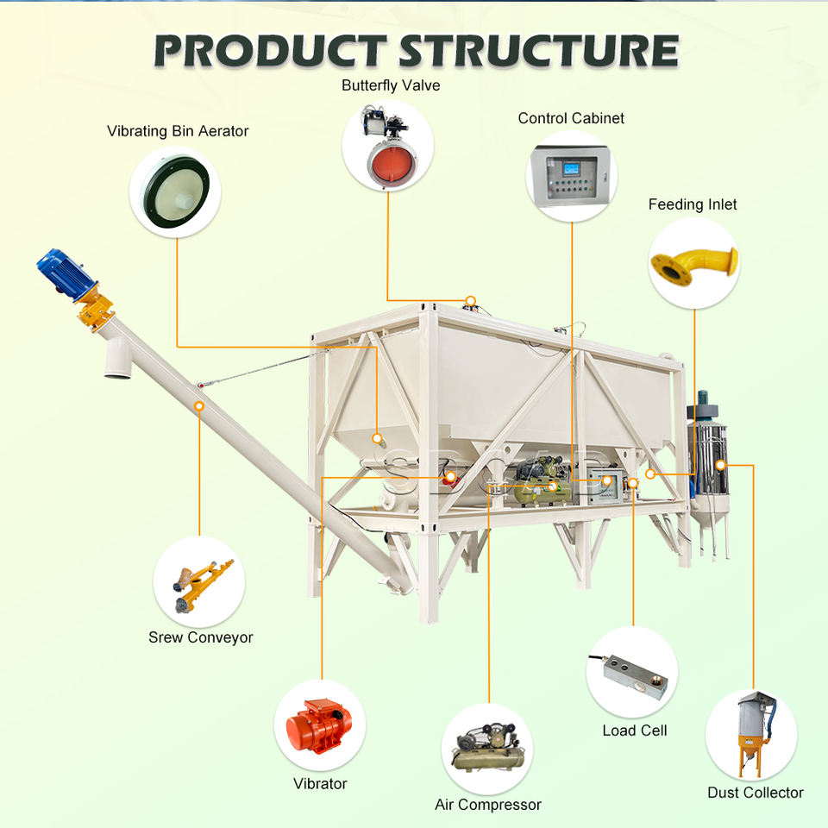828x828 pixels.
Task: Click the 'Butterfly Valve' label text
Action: [390, 85]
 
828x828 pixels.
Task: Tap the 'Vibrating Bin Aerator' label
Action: [178, 131]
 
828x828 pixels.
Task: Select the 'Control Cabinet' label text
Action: [571, 118]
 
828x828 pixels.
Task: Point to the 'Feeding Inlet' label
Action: [693, 204]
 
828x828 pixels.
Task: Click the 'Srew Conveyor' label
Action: [200, 638]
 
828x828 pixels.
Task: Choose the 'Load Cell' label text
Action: [634, 731]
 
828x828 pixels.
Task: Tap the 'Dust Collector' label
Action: [755, 793]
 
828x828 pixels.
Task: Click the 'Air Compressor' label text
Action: [488, 805]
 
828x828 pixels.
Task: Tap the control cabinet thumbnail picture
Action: [571, 174]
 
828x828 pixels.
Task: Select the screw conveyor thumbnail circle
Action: [200, 582]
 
